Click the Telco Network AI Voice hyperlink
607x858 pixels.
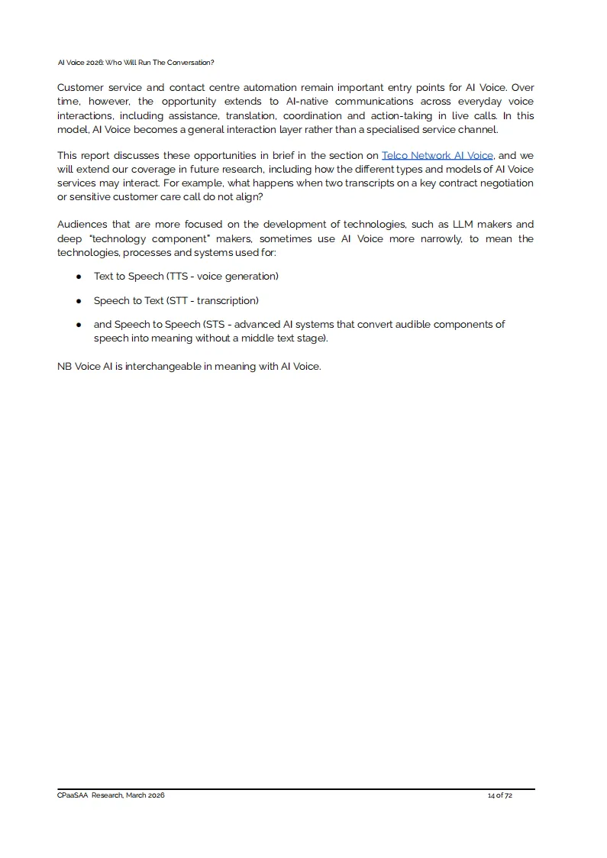pyautogui.click(x=437, y=155)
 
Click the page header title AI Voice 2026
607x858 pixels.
pyautogui.click(x=136, y=62)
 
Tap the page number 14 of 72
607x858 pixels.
pyautogui.click(x=499, y=795)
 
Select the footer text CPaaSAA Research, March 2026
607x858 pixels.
pyautogui.click(x=111, y=795)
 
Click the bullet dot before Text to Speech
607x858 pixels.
pyautogui.click(x=79, y=277)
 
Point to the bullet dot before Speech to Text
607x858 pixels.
pyautogui.click(x=79, y=301)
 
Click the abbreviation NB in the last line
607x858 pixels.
pyautogui.click(x=64, y=366)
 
